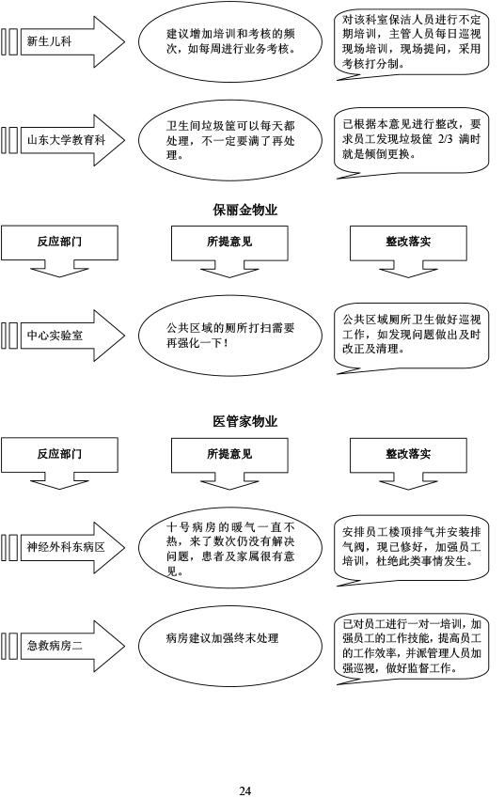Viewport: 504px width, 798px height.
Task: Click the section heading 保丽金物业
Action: (244, 211)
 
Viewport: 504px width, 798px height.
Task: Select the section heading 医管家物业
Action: (244, 422)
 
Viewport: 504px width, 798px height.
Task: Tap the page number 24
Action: (244, 790)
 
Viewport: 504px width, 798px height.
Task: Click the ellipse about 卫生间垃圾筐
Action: (230, 140)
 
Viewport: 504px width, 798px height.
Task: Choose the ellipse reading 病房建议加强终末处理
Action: (230, 647)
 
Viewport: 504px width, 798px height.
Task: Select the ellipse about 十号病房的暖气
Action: (230, 548)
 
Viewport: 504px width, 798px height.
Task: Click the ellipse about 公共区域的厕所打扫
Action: (230, 336)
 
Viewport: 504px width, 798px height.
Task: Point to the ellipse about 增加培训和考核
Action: (230, 41)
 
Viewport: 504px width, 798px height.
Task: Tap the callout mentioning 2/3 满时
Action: (411, 142)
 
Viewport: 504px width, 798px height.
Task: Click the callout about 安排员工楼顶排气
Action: (411, 550)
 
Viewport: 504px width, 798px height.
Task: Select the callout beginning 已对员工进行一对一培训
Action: (411, 648)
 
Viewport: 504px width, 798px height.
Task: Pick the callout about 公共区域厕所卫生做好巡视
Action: (411, 338)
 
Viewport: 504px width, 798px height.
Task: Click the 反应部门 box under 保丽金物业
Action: (59, 251)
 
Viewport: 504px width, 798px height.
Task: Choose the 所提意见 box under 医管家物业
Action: (229, 463)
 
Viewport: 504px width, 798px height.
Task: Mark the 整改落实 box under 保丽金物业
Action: (408, 251)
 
